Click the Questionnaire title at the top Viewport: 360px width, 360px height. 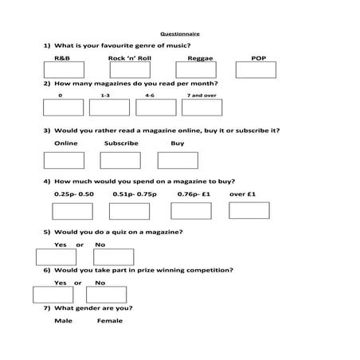point(180,34)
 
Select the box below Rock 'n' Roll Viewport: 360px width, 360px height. point(129,70)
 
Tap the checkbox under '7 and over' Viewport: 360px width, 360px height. point(202,108)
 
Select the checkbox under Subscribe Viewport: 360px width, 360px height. point(120,160)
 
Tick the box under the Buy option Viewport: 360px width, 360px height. point(178,160)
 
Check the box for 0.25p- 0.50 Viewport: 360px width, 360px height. point(72,211)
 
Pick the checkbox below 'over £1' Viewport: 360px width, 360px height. point(249,210)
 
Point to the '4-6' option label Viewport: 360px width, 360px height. point(150,95)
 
